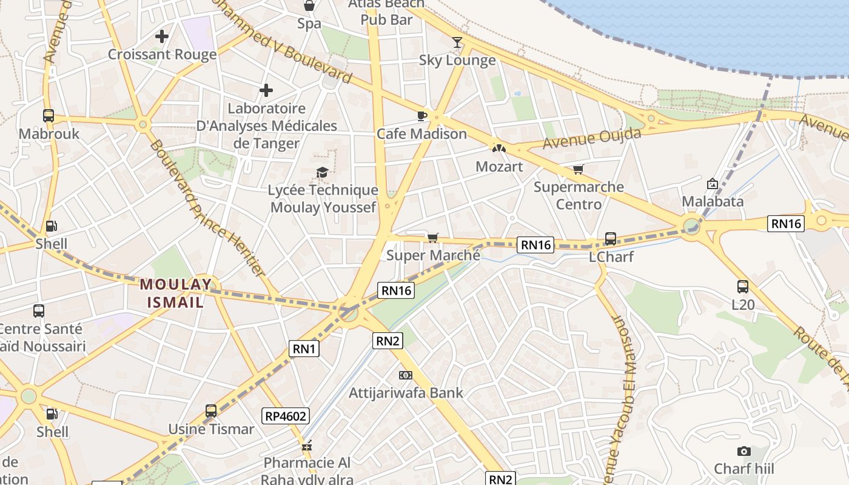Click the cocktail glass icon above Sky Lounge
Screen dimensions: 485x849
(457, 42)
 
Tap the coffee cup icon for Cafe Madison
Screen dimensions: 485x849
(422, 115)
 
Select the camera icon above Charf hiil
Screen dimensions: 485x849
(743, 451)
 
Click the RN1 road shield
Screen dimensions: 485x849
(304, 349)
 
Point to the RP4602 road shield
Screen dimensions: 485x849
(286, 416)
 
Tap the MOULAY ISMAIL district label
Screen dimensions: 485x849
(176, 293)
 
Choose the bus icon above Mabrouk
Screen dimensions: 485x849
(49, 115)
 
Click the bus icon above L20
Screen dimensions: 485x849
(743, 287)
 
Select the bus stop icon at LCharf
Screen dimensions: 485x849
(611, 239)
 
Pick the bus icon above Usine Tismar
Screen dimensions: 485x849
(211, 411)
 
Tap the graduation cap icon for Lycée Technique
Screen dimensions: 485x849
(322, 173)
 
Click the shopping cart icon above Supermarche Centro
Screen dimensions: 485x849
(579, 169)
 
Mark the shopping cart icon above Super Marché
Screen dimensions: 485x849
(432, 237)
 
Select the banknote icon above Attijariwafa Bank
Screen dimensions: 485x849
(406, 375)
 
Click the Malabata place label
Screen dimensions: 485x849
(713, 201)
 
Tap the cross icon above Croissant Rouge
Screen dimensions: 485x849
(162, 36)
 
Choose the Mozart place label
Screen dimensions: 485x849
(499, 166)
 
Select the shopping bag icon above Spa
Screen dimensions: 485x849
(309, 6)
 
